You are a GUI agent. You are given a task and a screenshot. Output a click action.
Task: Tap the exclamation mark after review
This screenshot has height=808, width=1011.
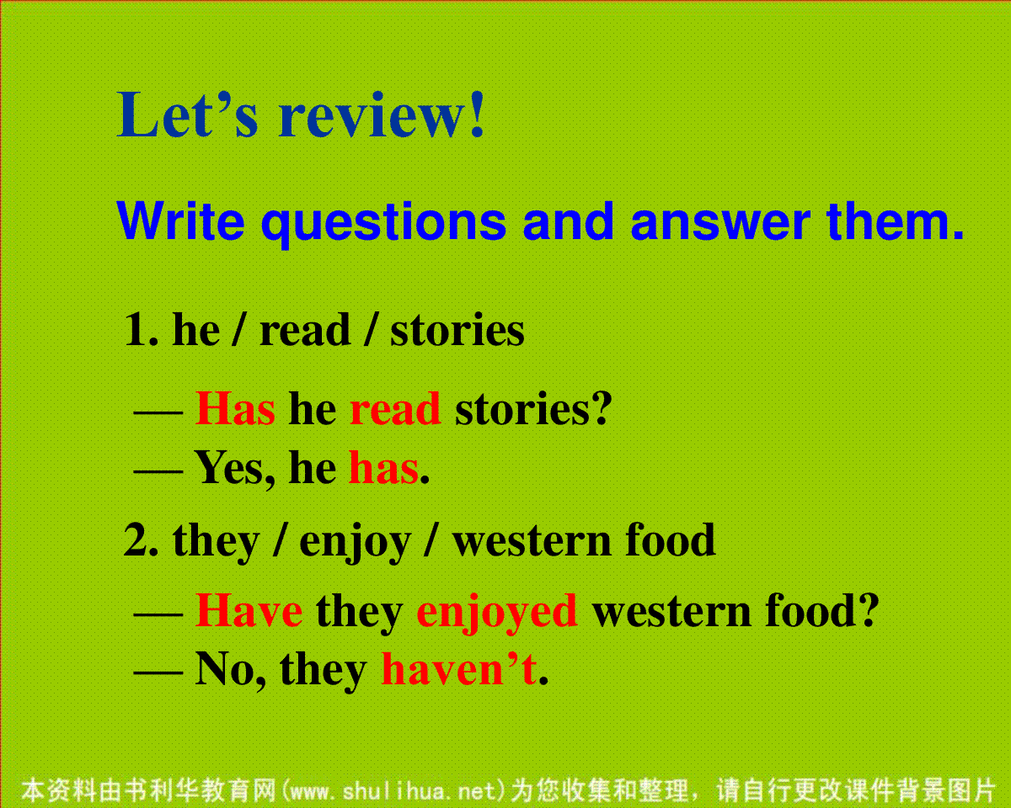click(478, 114)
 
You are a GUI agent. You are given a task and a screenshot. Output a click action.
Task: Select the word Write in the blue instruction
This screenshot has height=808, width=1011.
click(181, 220)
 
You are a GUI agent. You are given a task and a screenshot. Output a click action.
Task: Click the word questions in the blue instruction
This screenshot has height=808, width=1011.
click(383, 224)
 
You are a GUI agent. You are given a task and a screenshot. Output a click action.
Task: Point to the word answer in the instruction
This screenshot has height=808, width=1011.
click(720, 224)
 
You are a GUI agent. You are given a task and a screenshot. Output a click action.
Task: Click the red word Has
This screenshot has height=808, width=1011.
click(235, 408)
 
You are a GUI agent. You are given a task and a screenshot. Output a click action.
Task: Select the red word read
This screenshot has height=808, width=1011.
click(395, 408)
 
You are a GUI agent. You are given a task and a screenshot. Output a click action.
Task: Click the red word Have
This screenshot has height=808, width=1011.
click(249, 610)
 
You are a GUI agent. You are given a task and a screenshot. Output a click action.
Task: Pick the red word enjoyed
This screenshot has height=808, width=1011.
click(496, 614)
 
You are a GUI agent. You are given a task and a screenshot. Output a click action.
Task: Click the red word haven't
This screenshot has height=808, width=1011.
click(459, 668)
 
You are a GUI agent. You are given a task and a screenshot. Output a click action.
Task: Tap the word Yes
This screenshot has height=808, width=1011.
click(230, 468)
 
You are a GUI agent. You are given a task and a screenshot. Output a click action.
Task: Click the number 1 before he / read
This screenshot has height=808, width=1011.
click(136, 330)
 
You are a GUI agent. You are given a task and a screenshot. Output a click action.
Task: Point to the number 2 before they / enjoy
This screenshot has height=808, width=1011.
click(136, 540)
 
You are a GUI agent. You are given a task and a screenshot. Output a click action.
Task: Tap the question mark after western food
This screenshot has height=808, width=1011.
click(867, 609)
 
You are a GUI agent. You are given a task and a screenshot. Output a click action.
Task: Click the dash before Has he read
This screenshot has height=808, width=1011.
click(158, 413)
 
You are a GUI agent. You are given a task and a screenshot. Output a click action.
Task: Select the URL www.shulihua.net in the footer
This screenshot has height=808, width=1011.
click(393, 790)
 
